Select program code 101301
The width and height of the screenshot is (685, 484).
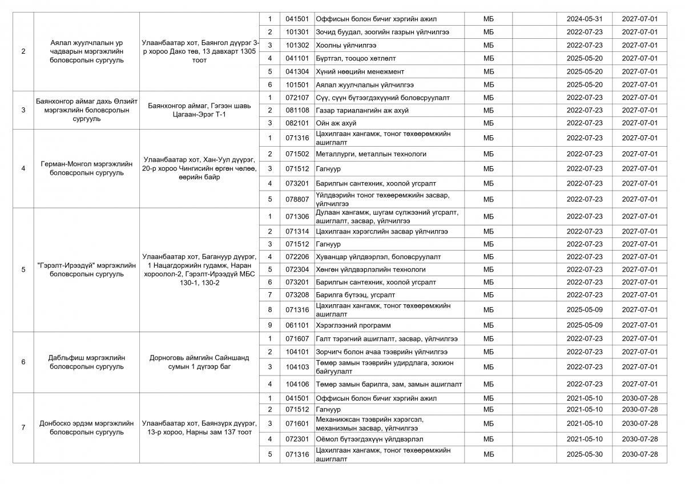click(297, 32)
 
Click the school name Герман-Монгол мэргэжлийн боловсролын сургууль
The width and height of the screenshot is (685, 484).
click(87, 168)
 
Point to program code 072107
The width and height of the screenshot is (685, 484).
click(297, 98)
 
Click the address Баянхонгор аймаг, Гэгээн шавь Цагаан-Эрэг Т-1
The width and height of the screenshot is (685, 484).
click(199, 110)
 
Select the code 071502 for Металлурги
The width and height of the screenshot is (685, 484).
click(297, 154)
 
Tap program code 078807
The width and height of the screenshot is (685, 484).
click(297, 199)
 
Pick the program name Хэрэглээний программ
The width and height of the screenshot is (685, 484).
click(353, 325)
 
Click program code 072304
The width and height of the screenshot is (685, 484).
click(297, 269)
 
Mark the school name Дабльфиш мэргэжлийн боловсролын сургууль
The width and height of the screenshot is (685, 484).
click(87, 362)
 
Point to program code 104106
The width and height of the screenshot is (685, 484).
click(297, 384)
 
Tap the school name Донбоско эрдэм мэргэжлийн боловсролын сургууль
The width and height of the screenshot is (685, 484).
click(87, 427)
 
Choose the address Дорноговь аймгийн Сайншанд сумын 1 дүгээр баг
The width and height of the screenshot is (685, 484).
click(199, 362)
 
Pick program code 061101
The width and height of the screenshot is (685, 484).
click(297, 325)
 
